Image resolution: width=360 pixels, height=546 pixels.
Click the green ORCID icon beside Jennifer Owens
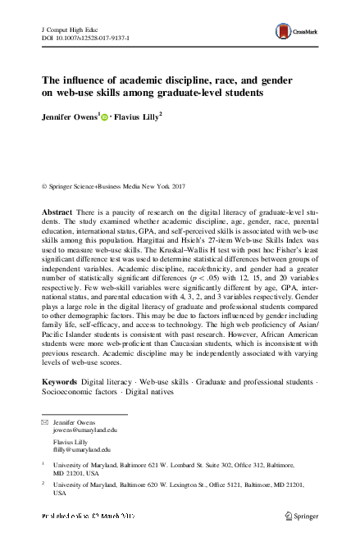pyautogui.click(x=105, y=117)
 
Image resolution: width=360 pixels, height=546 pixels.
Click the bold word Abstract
pyautogui.click(x=61, y=188)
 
